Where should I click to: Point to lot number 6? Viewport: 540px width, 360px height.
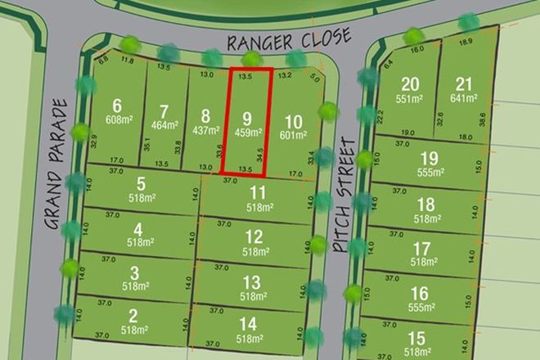coord(119,105)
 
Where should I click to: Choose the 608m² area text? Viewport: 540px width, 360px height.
coord(119,119)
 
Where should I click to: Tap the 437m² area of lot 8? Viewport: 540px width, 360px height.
coord(205,129)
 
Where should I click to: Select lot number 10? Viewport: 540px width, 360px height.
coord(293,121)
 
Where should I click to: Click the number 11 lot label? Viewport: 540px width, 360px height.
coord(259,194)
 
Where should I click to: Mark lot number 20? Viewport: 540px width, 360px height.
coord(410,83)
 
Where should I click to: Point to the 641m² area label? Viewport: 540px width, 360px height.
coord(463,97)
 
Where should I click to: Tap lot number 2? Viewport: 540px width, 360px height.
coord(133,316)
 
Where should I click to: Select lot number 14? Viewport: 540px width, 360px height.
coord(249,324)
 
